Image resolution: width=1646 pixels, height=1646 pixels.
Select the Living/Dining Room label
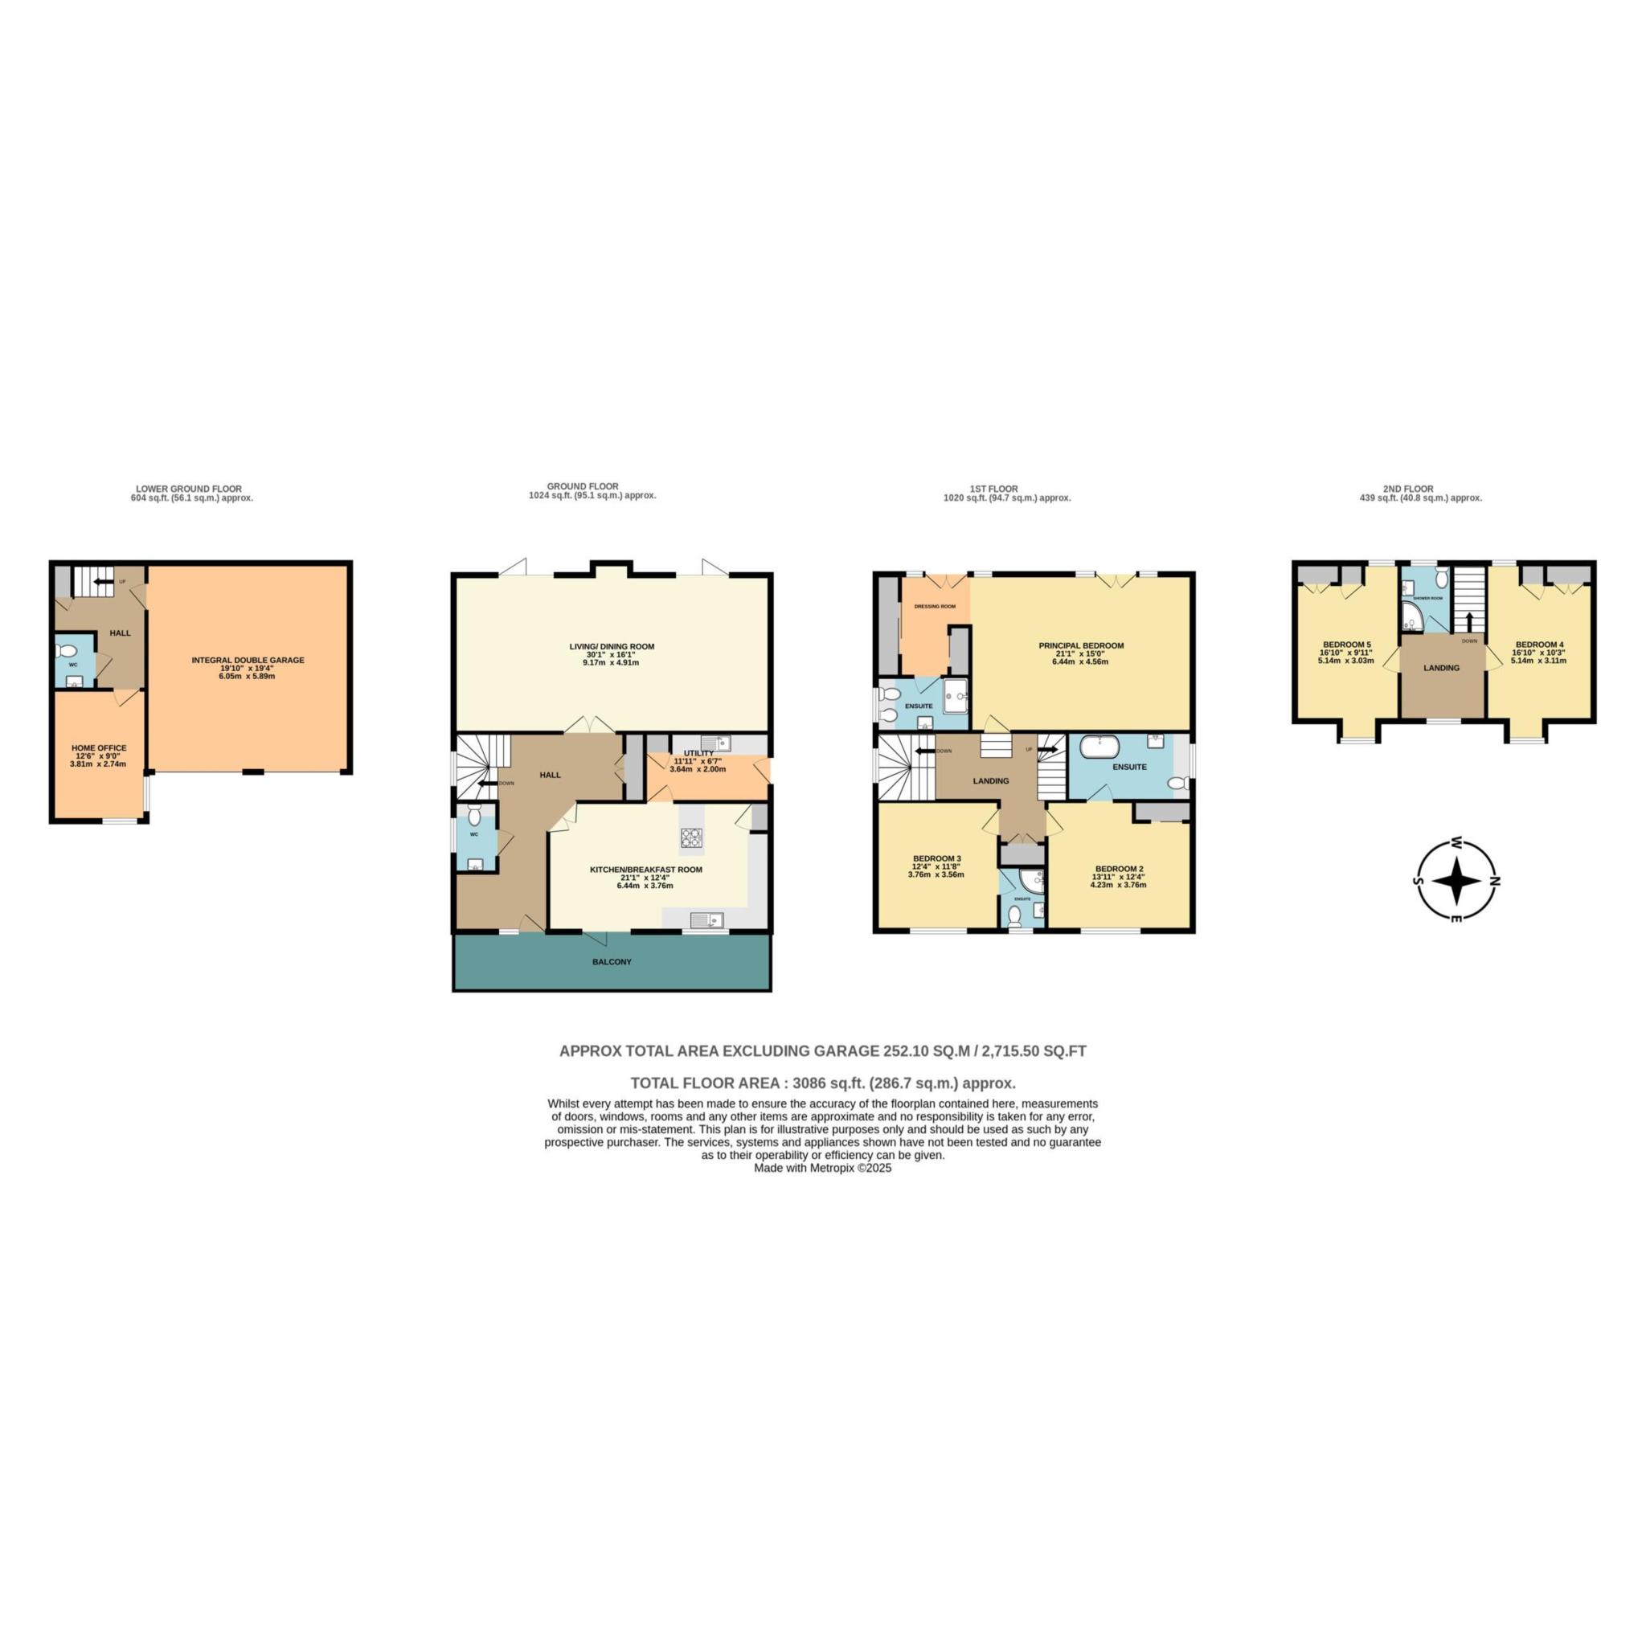click(x=612, y=647)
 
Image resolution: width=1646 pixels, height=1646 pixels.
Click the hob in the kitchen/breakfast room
click(x=692, y=839)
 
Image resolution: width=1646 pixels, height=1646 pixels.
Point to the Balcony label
click(x=612, y=962)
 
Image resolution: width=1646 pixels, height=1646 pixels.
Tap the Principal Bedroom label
click(x=1081, y=646)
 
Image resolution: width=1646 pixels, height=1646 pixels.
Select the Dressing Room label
click(x=935, y=607)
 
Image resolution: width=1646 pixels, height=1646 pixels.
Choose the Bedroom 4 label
click(x=1539, y=645)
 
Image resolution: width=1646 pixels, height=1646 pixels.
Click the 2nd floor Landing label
click(x=1442, y=668)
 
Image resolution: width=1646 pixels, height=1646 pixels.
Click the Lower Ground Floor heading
click(x=188, y=488)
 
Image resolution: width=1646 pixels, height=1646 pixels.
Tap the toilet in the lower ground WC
click(x=61, y=652)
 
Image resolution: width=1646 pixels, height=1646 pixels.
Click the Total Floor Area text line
click(x=822, y=1083)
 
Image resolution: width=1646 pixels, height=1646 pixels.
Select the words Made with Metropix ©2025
click(x=822, y=1169)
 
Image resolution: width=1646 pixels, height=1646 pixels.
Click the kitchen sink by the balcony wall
click(x=706, y=919)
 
